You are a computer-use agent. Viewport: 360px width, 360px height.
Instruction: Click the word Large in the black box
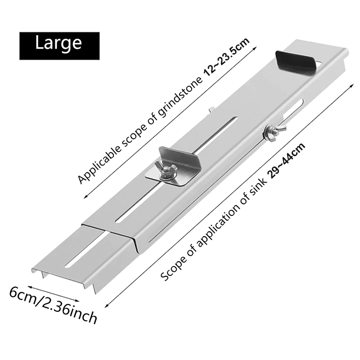point(58,43)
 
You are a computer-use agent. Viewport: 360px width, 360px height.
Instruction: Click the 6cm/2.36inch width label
point(53,306)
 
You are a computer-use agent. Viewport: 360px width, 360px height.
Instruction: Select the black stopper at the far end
point(296,62)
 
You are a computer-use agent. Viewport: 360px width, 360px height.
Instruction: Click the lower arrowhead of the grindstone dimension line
point(85,196)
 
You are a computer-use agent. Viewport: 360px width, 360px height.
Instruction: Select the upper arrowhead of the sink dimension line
point(351,85)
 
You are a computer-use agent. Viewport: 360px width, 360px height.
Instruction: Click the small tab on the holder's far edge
point(212,110)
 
